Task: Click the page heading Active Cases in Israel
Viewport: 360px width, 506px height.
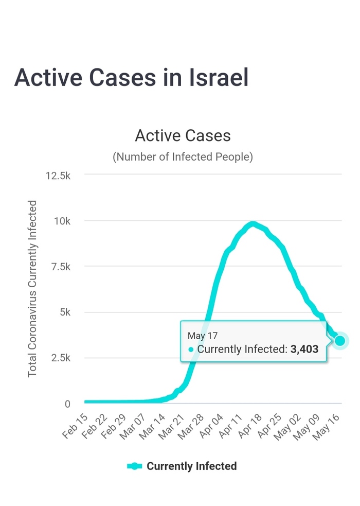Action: click(131, 78)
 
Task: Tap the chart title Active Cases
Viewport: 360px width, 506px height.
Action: click(183, 135)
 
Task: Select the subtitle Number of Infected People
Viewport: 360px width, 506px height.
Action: click(183, 156)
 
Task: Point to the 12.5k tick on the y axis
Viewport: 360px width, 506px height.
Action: click(58, 176)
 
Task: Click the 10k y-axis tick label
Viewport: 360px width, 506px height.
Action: click(62, 221)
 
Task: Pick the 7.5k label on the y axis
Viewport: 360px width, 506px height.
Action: click(60, 267)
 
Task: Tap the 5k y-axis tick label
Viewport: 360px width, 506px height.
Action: click(64, 312)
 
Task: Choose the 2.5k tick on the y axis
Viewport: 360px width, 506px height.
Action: click(60, 358)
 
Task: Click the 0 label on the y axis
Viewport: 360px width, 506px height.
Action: click(67, 404)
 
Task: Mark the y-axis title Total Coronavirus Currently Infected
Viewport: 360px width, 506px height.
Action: click(33, 288)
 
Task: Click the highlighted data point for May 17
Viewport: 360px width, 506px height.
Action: click(340, 341)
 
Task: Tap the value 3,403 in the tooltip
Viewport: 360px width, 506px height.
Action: click(304, 349)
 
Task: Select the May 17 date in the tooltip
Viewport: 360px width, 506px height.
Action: click(203, 336)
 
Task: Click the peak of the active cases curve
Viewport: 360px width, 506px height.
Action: click(252, 224)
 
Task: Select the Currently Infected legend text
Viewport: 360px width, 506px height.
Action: click(191, 466)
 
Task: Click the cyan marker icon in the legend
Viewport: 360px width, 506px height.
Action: click(134, 466)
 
